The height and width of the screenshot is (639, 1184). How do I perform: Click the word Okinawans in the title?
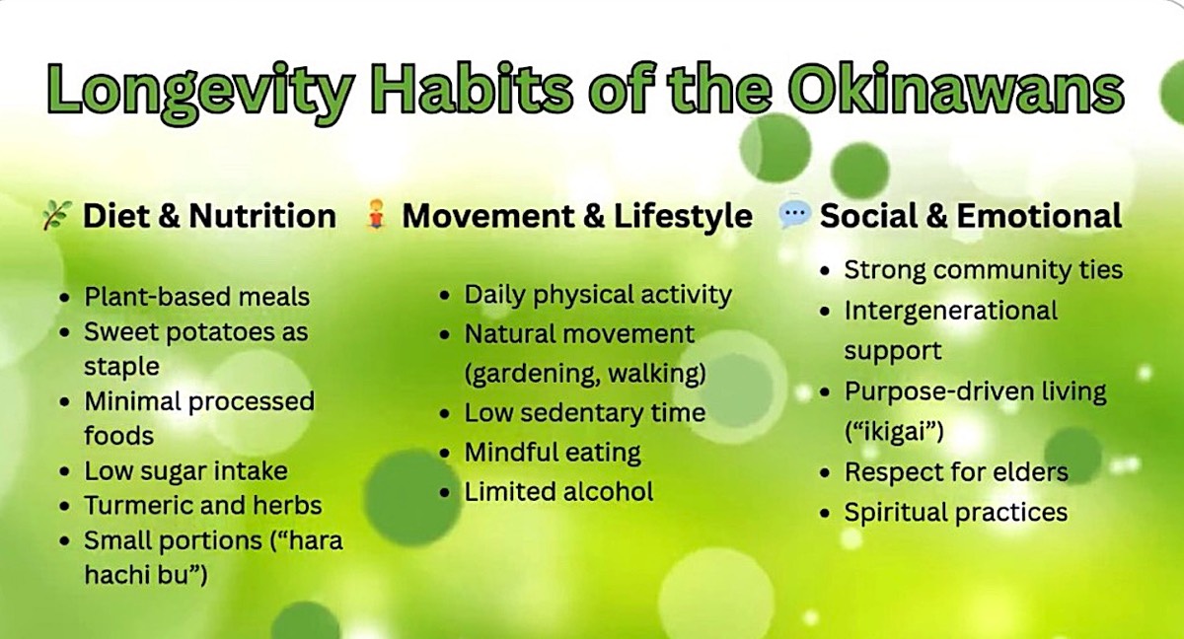pos(957,90)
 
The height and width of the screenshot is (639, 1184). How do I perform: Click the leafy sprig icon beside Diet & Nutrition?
pos(56,215)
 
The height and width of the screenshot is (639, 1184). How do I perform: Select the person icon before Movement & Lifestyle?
pos(376,215)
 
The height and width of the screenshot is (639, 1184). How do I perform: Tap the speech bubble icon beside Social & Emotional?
pos(794,215)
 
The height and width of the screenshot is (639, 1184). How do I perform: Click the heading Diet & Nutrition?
pos(209,216)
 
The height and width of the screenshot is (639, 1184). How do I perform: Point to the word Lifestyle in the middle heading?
pos(683,217)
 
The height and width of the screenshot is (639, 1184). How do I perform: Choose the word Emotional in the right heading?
pos(1039,216)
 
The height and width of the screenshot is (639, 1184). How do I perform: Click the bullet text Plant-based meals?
pos(196,296)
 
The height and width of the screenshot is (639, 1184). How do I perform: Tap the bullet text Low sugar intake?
pos(186,470)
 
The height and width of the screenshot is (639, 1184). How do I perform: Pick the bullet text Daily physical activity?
pos(598,295)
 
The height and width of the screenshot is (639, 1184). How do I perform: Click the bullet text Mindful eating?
pos(553,453)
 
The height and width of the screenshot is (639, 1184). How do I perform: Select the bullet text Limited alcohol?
pos(558,492)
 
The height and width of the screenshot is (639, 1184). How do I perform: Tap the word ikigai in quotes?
pos(894,432)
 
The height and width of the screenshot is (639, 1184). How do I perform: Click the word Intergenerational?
pos(951,310)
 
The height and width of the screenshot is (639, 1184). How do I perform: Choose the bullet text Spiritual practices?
pos(956,512)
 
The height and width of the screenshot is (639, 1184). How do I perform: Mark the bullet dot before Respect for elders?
pos(825,472)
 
